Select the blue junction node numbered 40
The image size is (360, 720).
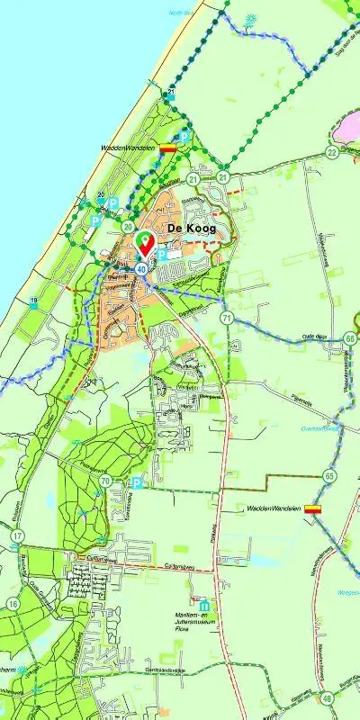click(142, 267)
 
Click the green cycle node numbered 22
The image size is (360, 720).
click(332, 152)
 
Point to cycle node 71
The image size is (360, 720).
click(228, 318)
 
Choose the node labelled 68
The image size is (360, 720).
click(349, 338)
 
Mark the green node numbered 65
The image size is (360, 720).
click(330, 474)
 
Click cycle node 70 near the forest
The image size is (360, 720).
click(106, 482)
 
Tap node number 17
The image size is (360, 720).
click(17, 536)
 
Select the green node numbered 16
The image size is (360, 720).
click(13, 603)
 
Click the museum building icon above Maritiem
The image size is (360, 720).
click(204, 604)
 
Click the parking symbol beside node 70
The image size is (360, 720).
click(137, 482)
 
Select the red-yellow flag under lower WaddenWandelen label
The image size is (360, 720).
click(312, 509)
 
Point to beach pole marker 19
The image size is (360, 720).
click(33, 301)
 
